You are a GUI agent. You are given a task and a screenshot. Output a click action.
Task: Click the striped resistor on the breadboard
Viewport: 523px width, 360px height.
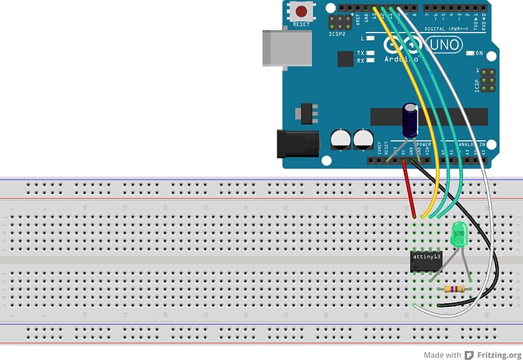pos(455,289)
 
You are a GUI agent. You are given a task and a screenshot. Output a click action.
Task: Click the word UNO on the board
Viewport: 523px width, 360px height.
pos(446,45)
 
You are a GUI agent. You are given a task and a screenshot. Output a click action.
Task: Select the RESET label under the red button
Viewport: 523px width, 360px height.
pos(302,24)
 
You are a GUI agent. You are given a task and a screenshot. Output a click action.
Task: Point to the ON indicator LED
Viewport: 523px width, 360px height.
pos(470,53)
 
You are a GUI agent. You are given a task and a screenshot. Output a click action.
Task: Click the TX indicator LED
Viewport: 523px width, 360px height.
pos(371,52)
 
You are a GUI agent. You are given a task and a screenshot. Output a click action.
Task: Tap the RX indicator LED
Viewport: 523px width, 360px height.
pos(371,60)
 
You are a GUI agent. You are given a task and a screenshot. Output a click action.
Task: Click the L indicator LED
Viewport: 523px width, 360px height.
pos(371,37)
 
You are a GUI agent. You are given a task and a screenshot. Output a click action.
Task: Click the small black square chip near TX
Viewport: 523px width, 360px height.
pos(349,56)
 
